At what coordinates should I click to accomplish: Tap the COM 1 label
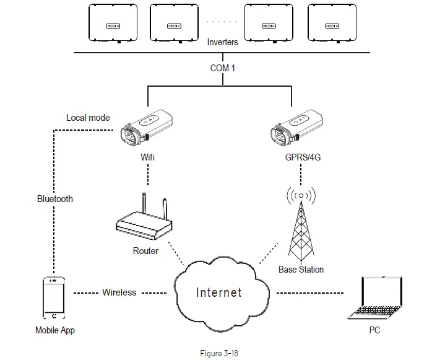[223, 68]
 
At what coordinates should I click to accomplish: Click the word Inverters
[223, 43]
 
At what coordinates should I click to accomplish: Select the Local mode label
[88, 118]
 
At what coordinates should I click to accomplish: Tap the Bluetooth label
[54, 199]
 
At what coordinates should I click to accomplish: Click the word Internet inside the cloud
[218, 292]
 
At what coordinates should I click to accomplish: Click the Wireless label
[119, 292]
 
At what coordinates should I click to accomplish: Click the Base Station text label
[301, 270]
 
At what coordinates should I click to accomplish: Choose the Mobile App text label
[55, 330]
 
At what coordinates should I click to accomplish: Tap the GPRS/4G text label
[303, 157]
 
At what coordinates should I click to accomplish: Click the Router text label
[145, 251]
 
